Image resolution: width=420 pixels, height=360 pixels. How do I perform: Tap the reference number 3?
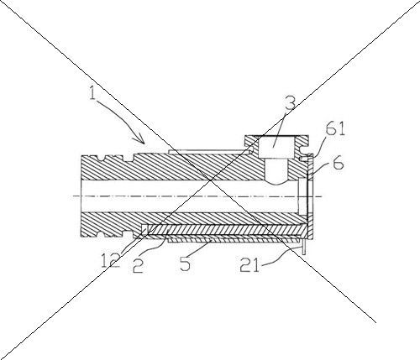(291, 102)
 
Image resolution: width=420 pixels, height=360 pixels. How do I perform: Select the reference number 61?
(335, 128)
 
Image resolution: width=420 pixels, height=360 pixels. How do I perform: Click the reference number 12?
(111, 260)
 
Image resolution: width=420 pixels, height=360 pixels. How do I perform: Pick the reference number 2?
(138, 265)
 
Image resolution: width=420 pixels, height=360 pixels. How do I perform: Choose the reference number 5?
(185, 263)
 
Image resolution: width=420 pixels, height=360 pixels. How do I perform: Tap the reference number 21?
(249, 265)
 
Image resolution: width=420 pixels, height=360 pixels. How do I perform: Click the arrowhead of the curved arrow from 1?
(141, 139)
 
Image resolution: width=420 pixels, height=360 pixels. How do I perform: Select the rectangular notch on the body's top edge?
(128, 158)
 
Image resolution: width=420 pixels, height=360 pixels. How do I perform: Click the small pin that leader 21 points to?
(303, 247)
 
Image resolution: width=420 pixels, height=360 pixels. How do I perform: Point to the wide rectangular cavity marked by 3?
(274, 147)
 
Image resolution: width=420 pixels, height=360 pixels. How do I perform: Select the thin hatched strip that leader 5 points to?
(234, 239)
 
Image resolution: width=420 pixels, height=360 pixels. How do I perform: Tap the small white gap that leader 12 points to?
(144, 230)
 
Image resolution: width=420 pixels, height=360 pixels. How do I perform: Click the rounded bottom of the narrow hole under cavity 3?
(276, 182)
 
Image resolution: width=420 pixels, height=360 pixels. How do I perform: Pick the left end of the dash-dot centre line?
(73, 196)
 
